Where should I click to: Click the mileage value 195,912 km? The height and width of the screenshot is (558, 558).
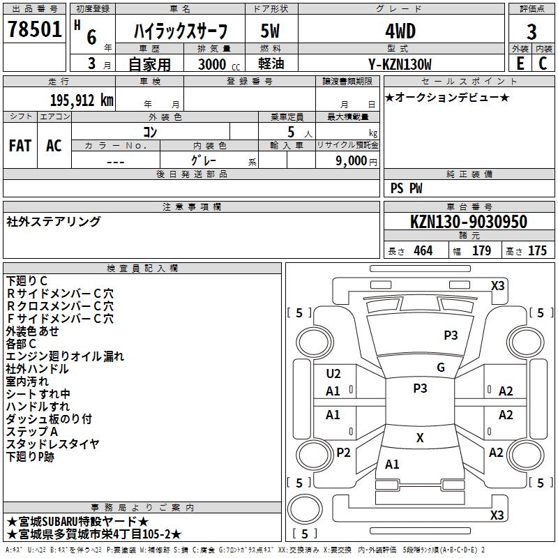click(x=82, y=100)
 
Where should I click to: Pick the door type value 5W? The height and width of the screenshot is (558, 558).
click(x=271, y=31)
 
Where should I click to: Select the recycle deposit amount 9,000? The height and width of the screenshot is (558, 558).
click(x=347, y=161)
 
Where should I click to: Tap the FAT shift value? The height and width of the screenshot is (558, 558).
click(x=20, y=146)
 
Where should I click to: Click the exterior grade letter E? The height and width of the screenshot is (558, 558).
click(x=520, y=63)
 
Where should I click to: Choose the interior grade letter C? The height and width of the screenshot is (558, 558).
click(x=543, y=63)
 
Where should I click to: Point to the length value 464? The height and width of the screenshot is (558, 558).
click(x=423, y=251)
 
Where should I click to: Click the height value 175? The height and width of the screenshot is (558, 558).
click(x=537, y=251)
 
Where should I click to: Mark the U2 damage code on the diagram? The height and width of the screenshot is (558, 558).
click(x=333, y=374)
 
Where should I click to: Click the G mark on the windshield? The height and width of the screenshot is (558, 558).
click(x=440, y=368)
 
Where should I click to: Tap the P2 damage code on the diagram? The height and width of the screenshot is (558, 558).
click(x=343, y=453)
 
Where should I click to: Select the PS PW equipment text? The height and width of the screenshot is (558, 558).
click(x=406, y=188)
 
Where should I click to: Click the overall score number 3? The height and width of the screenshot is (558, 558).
click(x=531, y=31)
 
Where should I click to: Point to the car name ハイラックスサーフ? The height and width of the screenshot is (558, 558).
click(x=180, y=31)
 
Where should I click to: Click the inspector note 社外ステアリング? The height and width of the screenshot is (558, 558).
click(x=54, y=222)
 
